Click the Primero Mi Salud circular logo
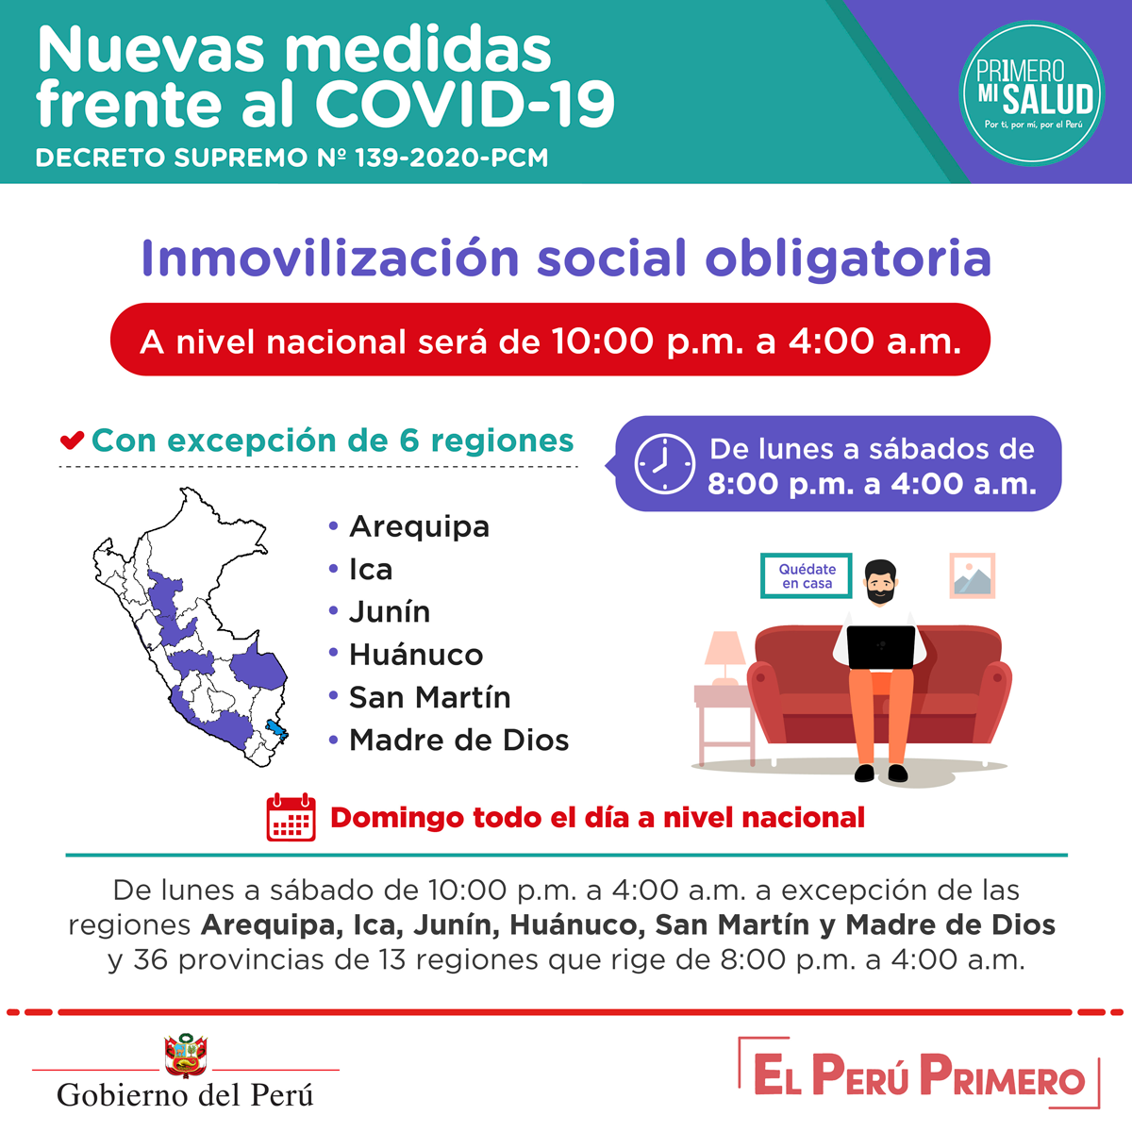click(x=1032, y=93)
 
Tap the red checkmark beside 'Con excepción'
click(x=72, y=441)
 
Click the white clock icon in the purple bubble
click(x=664, y=464)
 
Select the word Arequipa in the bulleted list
click(x=419, y=526)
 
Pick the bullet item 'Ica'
click(x=371, y=569)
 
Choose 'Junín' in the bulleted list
click(x=390, y=611)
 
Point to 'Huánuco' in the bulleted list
click(x=416, y=655)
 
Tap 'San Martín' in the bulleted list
click(x=429, y=697)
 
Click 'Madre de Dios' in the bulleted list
click(x=458, y=741)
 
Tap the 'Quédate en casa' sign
click(x=806, y=575)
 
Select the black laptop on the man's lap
click(x=880, y=647)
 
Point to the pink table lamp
click(x=724, y=658)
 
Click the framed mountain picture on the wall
click(x=973, y=575)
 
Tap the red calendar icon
click(x=291, y=817)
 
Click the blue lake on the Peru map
click(x=276, y=730)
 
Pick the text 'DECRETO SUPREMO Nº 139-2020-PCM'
click(x=291, y=158)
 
